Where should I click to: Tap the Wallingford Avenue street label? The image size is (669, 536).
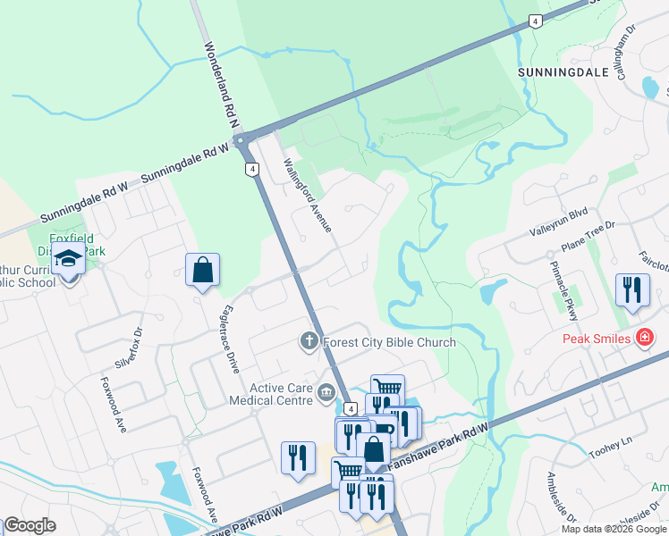pyautogui.click(x=307, y=195)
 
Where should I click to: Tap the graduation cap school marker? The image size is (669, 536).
pyautogui.click(x=68, y=260)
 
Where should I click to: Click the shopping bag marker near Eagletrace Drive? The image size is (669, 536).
pyautogui.click(x=203, y=268)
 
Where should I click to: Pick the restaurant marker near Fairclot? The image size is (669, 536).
pyautogui.click(x=632, y=289)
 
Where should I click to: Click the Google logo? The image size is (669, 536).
pyautogui.click(x=29, y=525)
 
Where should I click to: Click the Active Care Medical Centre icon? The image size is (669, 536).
pyautogui.click(x=326, y=391)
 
